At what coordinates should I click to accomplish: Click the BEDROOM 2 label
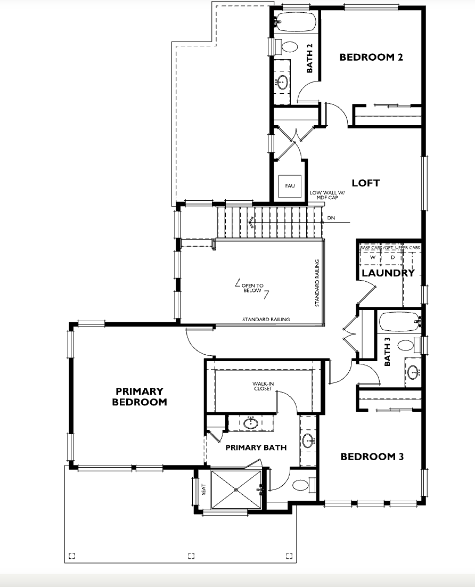tap(371, 58)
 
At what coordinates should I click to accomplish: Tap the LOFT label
tap(366, 183)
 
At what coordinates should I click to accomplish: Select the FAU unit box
tap(290, 186)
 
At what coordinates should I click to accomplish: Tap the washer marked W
tap(372, 258)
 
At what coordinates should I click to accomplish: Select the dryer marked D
tap(392, 258)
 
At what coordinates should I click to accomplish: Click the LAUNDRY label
tap(388, 273)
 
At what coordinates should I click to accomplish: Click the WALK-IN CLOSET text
tap(263, 386)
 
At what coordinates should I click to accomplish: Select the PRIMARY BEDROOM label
tap(139, 396)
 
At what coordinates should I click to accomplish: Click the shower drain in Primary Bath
tap(236, 490)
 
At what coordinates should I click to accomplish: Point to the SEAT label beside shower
tap(203, 490)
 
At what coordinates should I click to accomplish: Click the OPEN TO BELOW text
tap(252, 288)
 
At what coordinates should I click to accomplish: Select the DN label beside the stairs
tap(331, 218)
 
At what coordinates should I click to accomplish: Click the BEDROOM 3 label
tap(372, 456)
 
